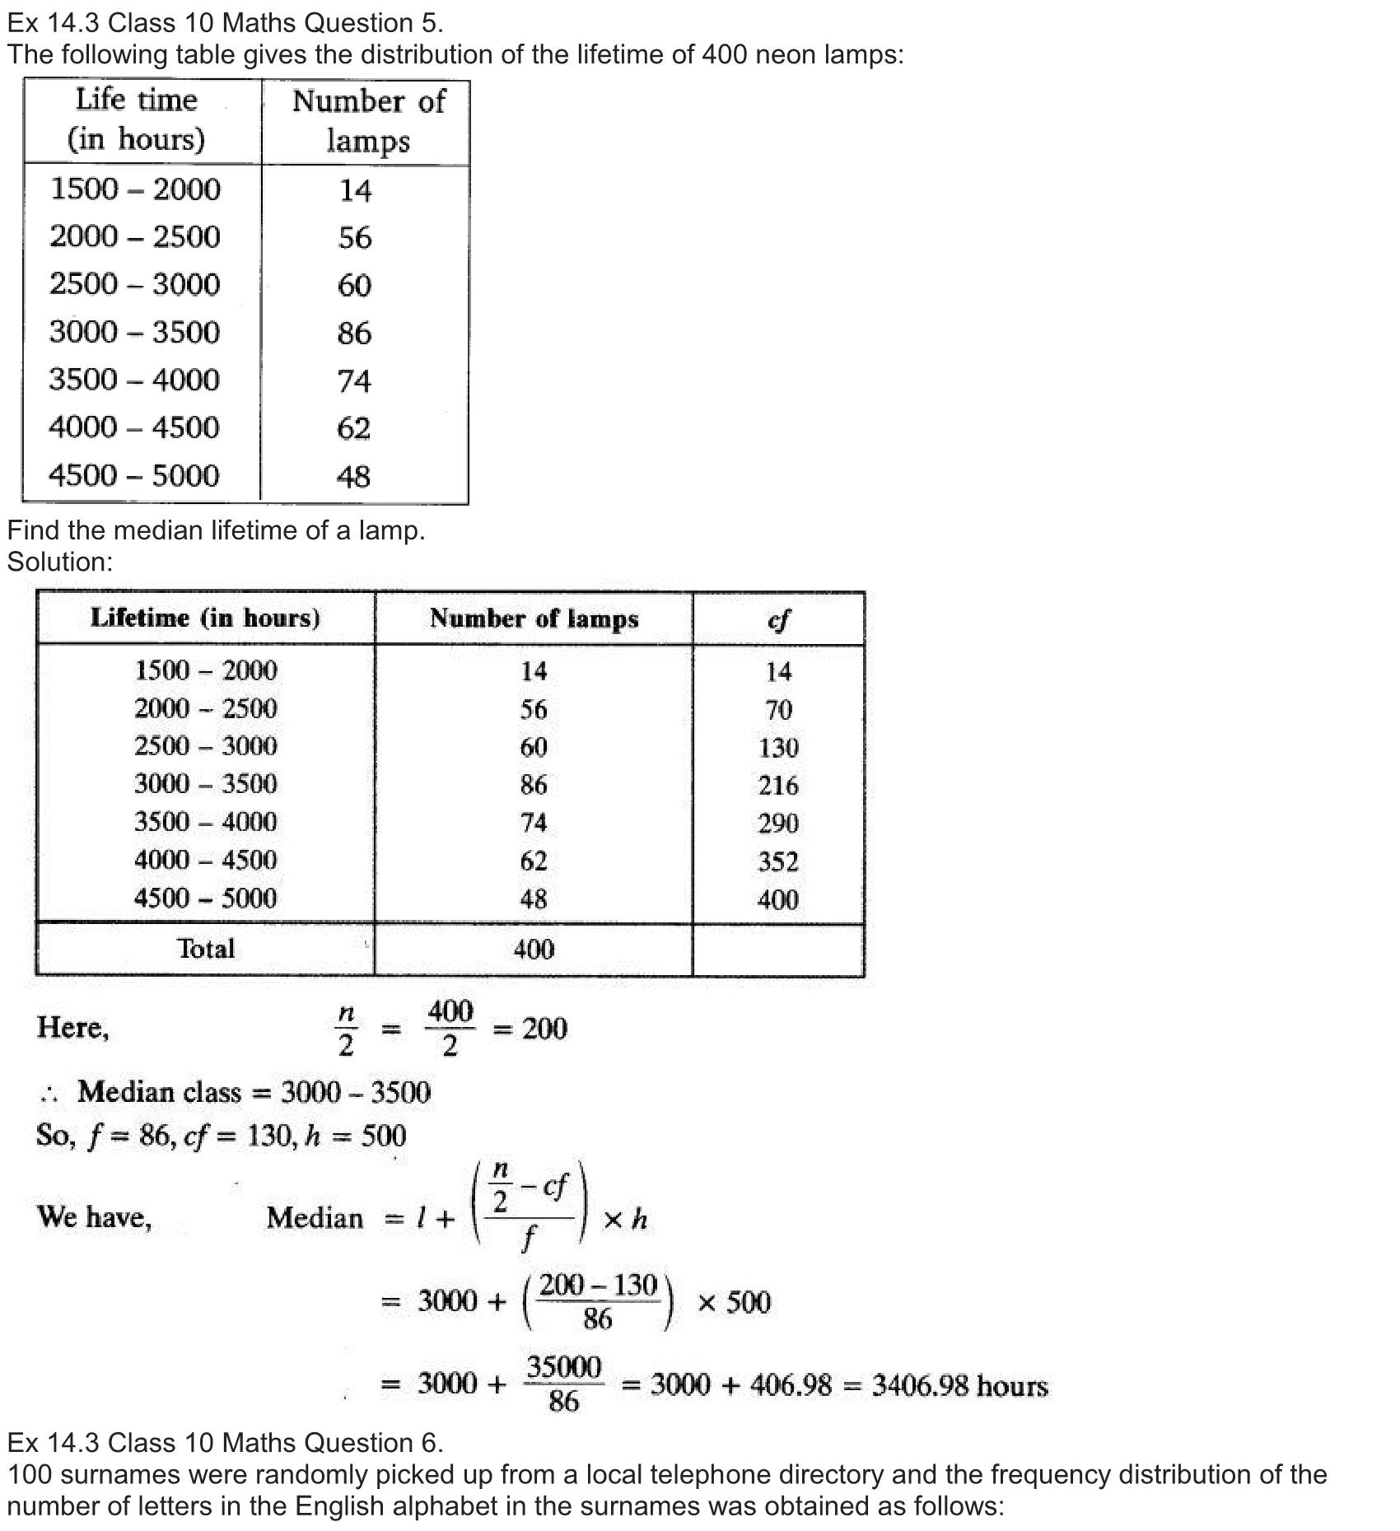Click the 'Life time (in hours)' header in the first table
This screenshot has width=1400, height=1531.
click(x=137, y=119)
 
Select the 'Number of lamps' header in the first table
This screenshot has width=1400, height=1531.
click(x=368, y=121)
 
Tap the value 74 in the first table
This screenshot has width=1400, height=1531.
click(x=354, y=380)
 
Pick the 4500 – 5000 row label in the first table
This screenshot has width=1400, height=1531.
click(x=134, y=475)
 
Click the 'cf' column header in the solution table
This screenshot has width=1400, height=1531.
click(x=777, y=618)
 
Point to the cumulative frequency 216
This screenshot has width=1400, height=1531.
click(x=778, y=785)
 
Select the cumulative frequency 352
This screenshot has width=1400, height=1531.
click(x=778, y=861)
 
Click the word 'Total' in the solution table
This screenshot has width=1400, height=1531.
click(x=206, y=949)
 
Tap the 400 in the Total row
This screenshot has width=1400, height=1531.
click(x=534, y=950)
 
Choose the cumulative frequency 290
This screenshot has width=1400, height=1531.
click(x=778, y=823)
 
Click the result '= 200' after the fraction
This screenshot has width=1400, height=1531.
click(x=530, y=1029)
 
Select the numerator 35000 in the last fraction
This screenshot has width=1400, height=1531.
click(x=564, y=1367)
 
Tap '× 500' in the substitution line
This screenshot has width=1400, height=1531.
click(x=734, y=1302)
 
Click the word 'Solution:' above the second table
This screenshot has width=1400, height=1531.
click(x=59, y=562)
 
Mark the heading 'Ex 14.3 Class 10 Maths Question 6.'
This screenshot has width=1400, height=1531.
click(x=225, y=1442)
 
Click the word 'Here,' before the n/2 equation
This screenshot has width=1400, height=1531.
click(x=72, y=1028)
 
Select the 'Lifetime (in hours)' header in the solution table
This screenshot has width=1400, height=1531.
click(x=205, y=618)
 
